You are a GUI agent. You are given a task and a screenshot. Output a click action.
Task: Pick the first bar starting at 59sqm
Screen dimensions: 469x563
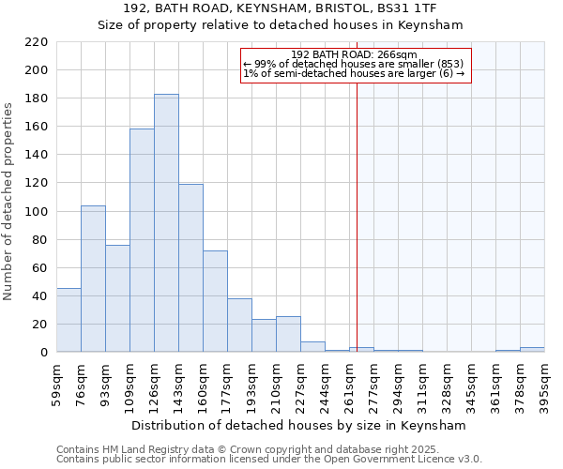[x=68, y=320]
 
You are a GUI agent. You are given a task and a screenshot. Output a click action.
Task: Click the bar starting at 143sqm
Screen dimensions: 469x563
[x=190, y=268]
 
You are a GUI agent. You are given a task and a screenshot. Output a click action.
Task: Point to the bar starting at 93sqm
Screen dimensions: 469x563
[x=117, y=298]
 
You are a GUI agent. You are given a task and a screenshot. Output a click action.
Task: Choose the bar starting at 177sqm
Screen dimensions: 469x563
[x=239, y=325]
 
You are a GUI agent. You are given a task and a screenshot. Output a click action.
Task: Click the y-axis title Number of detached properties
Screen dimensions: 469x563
[x=8, y=203]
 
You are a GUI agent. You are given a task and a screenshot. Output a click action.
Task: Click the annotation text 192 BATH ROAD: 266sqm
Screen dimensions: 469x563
[x=354, y=55]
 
